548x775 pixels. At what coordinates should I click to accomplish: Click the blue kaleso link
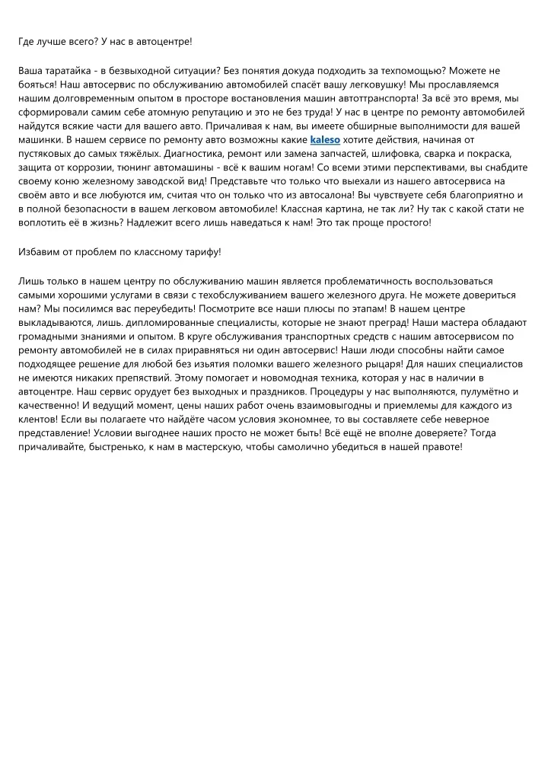pyautogui.click(x=325, y=140)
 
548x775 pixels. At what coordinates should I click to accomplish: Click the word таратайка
pyautogui.click(x=64, y=71)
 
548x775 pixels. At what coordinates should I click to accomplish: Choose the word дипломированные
pyautogui.click(x=145, y=322)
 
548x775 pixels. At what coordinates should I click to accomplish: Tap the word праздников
pyautogui.click(x=263, y=391)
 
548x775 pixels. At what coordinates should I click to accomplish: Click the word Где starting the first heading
pyautogui.click(x=27, y=43)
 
